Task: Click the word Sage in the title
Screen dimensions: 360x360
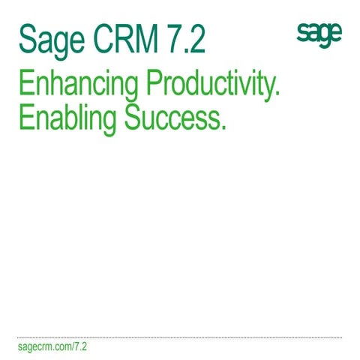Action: (47, 38)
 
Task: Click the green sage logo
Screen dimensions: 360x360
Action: (319, 34)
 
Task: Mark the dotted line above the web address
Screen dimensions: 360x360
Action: (180, 337)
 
